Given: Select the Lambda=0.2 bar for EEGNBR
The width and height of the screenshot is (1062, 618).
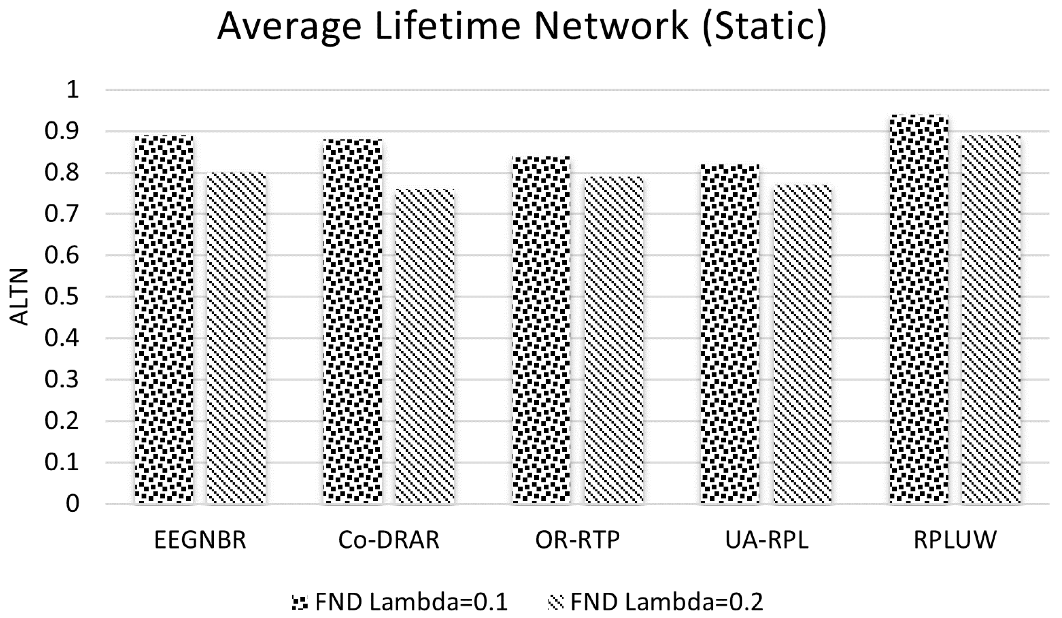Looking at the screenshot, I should (236, 337).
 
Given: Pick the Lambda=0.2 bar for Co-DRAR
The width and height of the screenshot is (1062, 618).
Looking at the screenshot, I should (425, 346).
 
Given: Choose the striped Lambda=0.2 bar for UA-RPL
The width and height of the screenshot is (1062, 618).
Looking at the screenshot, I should (802, 343).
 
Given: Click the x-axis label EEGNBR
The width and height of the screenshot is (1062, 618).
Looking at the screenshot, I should (200, 540).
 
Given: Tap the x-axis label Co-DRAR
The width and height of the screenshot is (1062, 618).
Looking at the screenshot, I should (389, 540).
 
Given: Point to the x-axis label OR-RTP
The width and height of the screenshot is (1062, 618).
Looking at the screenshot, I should (577, 540).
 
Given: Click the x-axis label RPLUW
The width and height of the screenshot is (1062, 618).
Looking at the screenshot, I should (955, 540).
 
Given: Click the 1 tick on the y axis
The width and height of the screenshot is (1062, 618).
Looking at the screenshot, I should (72, 90).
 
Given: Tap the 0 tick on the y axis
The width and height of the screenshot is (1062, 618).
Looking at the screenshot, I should (72, 504).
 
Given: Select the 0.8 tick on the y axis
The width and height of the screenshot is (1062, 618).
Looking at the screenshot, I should (62, 173).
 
